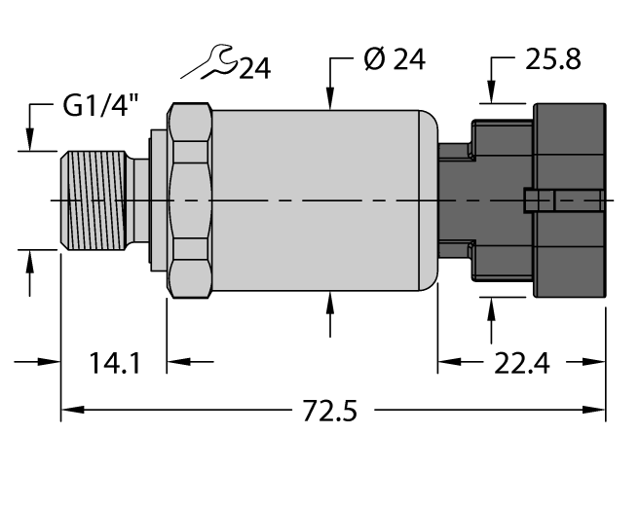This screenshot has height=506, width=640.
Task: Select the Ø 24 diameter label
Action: click(395, 60)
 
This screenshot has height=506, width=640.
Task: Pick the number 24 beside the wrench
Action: click(254, 69)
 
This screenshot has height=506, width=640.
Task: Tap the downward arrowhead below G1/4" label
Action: click(30, 141)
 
